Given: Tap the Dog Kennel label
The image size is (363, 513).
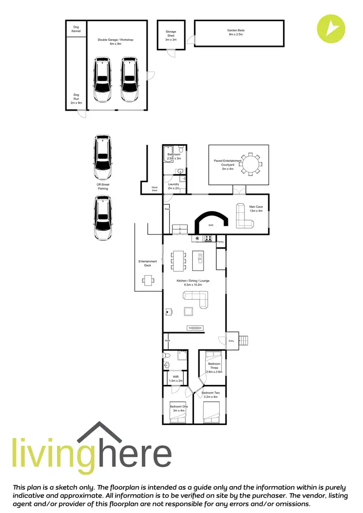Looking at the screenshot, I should click(76, 29).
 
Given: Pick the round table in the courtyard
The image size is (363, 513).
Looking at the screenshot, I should click(251, 163).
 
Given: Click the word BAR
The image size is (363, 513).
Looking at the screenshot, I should click(211, 225).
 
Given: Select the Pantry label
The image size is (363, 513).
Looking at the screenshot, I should click(220, 242).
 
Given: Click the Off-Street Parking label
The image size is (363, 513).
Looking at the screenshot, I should click(103, 186).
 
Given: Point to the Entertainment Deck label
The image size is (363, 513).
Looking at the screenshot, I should click(148, 264).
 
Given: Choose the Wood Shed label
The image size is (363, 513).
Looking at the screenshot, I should click(154, 189).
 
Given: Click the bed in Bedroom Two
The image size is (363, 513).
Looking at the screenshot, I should click(212, 411).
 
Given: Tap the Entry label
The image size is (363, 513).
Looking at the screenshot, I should click(231, 341).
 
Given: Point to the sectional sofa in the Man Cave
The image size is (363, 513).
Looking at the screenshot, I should click(244, 216).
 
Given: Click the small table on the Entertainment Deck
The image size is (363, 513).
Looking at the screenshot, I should click(148, 280).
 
